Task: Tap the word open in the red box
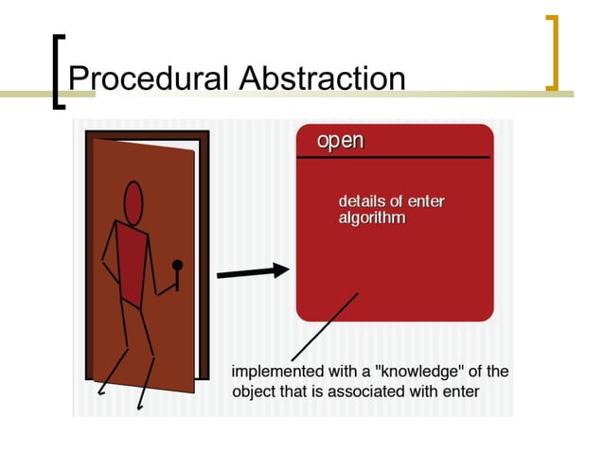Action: click(x=340, y=141)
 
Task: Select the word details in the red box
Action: click(x=363, y=201)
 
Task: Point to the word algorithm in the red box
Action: click(x=372, y=218)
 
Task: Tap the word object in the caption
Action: click(x=255, y=391)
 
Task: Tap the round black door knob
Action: click(x=177, y=266)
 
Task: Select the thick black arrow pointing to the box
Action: click(x=253, y=272)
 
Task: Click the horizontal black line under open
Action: click(x=394, y=157)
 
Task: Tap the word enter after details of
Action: click(x=426, y=201)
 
